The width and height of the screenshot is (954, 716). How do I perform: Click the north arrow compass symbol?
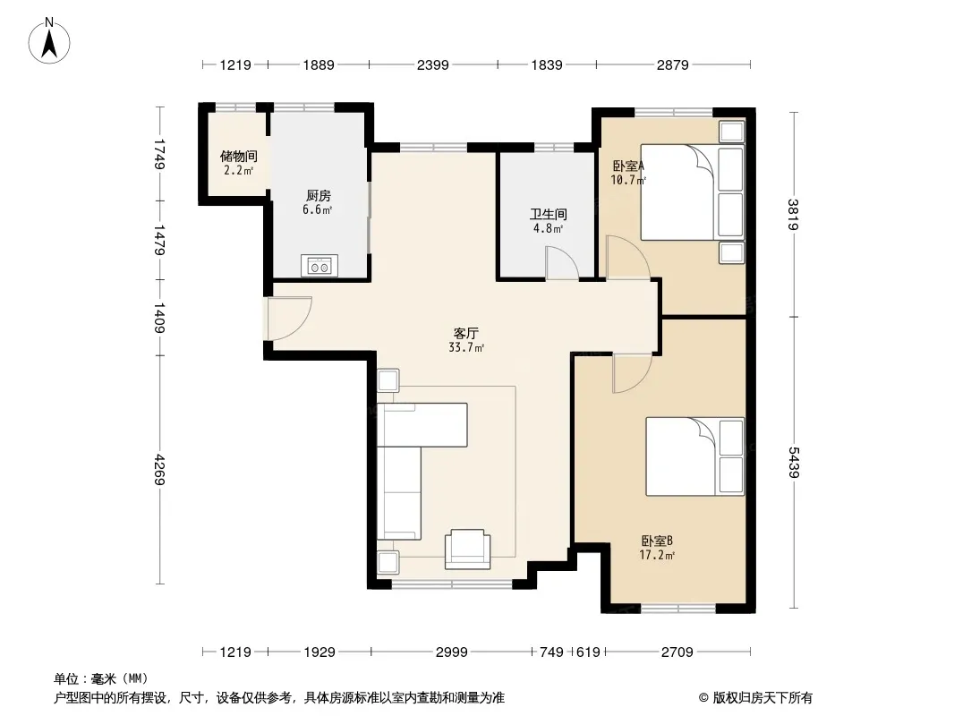point(49,41)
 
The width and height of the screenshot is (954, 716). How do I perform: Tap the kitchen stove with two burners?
point(319,266)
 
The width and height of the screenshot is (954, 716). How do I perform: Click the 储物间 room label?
point(238,157)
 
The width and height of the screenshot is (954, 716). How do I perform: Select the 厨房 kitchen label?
point(319,196)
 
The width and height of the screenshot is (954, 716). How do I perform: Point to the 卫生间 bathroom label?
point(549,214)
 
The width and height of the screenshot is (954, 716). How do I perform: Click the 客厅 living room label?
point(466,333)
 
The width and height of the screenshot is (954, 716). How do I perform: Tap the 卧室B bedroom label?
point(657,541)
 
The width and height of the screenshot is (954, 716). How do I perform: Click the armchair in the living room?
point(467,549)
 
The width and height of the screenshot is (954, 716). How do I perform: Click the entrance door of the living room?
point(289,318)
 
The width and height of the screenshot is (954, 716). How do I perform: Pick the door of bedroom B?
point(633,372)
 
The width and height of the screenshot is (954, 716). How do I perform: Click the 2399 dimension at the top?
point(432,64)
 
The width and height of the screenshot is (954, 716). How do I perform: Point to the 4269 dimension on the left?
point(159,469)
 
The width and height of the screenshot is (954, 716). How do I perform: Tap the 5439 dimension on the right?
point(794,463)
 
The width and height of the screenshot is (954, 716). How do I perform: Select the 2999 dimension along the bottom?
point(451,652)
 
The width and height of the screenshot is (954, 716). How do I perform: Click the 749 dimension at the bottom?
point(551,652)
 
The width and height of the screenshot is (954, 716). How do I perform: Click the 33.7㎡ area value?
point(466,348)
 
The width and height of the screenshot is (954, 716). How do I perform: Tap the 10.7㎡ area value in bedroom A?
point(628,180)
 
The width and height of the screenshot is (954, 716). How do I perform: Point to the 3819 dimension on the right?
point(794,215)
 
